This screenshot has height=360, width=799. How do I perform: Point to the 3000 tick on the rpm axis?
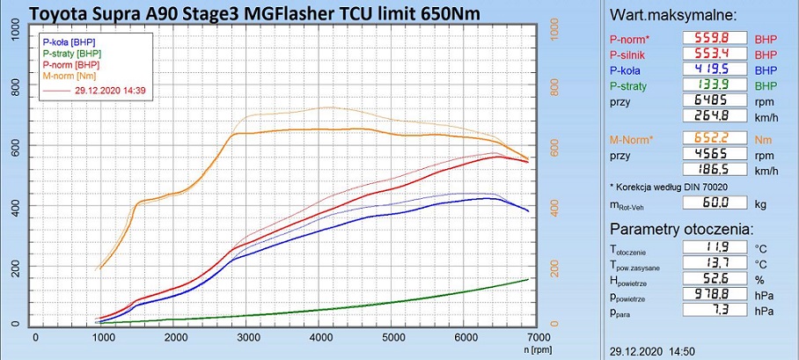[250, 336]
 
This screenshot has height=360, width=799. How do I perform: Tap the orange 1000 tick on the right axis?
[553, 29]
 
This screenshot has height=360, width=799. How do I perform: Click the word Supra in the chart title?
[136, 12]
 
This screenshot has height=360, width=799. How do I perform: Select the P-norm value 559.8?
[716, 38]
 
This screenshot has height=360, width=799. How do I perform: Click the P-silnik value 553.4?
[716, 54]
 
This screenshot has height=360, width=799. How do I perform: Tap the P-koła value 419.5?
[716, 70]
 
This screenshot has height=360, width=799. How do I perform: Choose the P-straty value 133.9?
[716, 85]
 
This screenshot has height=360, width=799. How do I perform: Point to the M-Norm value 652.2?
[716, 139]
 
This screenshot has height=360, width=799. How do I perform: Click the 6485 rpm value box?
[716, 101]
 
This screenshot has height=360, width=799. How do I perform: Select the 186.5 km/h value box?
[716, 169]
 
